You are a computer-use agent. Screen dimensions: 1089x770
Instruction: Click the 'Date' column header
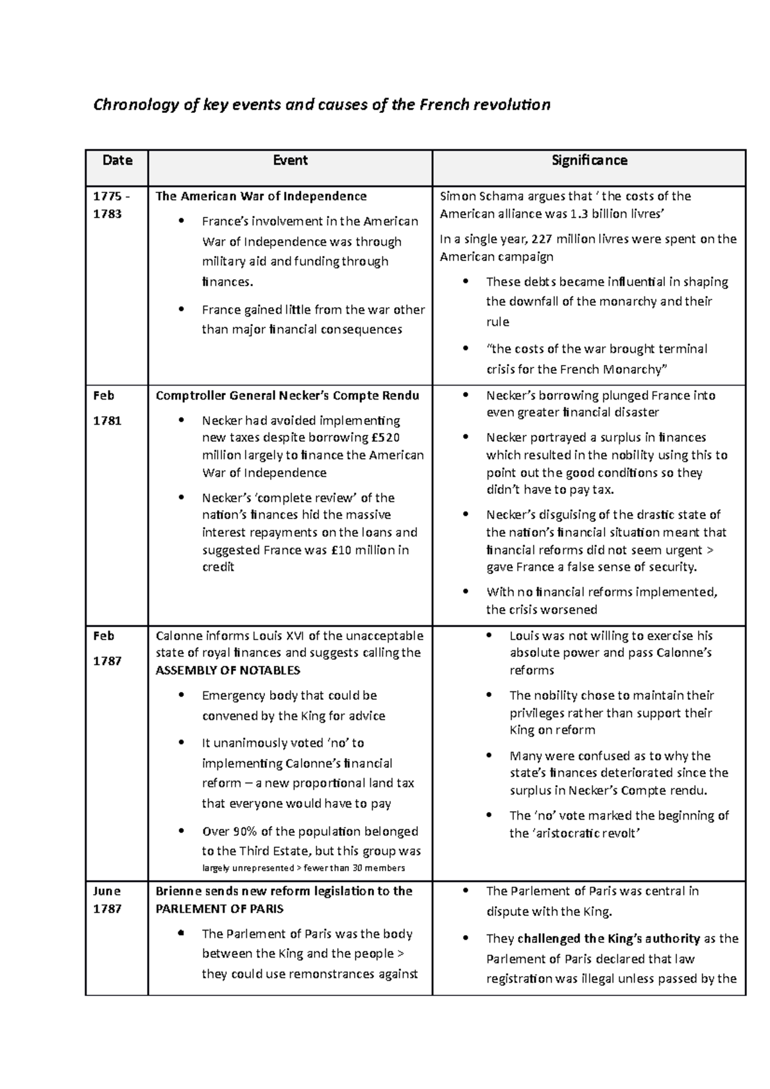[x=117, y=160]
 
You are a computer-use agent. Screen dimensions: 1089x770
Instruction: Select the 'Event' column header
[x=290, y=160]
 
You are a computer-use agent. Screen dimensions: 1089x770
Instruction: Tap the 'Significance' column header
[x=589, y=160]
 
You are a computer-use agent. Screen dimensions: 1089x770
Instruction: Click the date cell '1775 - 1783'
[x=107, y=205]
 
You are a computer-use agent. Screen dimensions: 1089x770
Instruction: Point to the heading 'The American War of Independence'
[x=261, y=196]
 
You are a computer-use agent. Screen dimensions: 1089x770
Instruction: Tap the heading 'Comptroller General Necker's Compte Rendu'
[x=287, y=396]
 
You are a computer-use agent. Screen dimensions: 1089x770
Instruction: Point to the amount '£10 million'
[x=361, y=550]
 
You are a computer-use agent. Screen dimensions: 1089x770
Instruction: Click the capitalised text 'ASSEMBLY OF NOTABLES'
[x=228, y=671]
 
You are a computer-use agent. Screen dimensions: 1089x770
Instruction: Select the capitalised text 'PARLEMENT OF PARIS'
[x=219, y=909]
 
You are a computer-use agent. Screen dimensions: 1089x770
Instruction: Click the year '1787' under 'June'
[x=107, y=909]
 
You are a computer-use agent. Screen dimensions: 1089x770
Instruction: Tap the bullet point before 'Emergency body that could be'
[x=182, y=695]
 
